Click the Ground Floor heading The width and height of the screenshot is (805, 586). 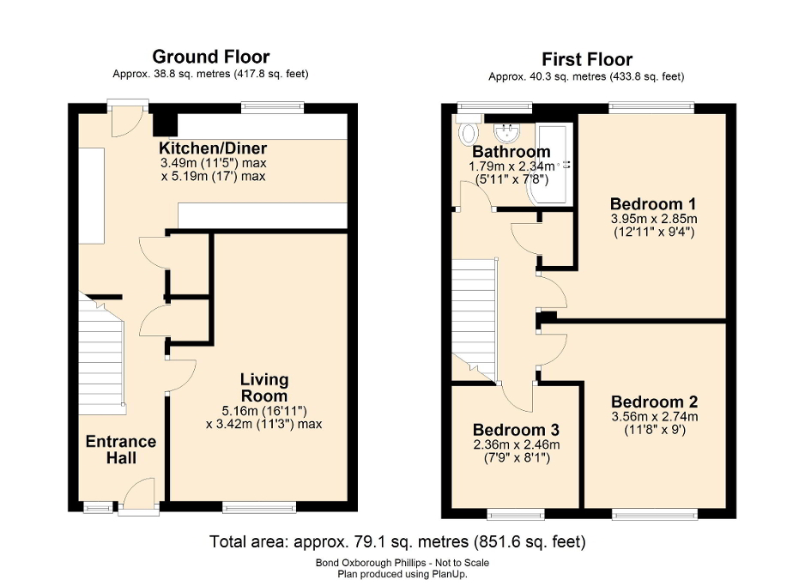pos(210,57)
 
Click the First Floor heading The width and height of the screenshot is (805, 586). pos(586,59)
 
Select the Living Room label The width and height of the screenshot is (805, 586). pos(263,387)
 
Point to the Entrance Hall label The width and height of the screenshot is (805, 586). pos(120,450)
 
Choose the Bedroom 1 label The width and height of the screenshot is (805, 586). pos(652,204)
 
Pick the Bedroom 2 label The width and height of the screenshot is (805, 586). pos(654,402)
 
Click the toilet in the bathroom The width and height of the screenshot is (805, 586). pos(469,133)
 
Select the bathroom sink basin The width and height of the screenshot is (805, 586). pos(510,131)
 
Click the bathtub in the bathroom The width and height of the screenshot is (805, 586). pos(554,163)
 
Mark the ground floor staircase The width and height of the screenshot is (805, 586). pos(103,352)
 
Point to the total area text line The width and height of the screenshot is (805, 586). pos(397,542)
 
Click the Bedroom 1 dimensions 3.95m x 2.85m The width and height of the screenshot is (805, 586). pos(652,219)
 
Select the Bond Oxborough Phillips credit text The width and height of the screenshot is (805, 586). pos(402,563)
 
